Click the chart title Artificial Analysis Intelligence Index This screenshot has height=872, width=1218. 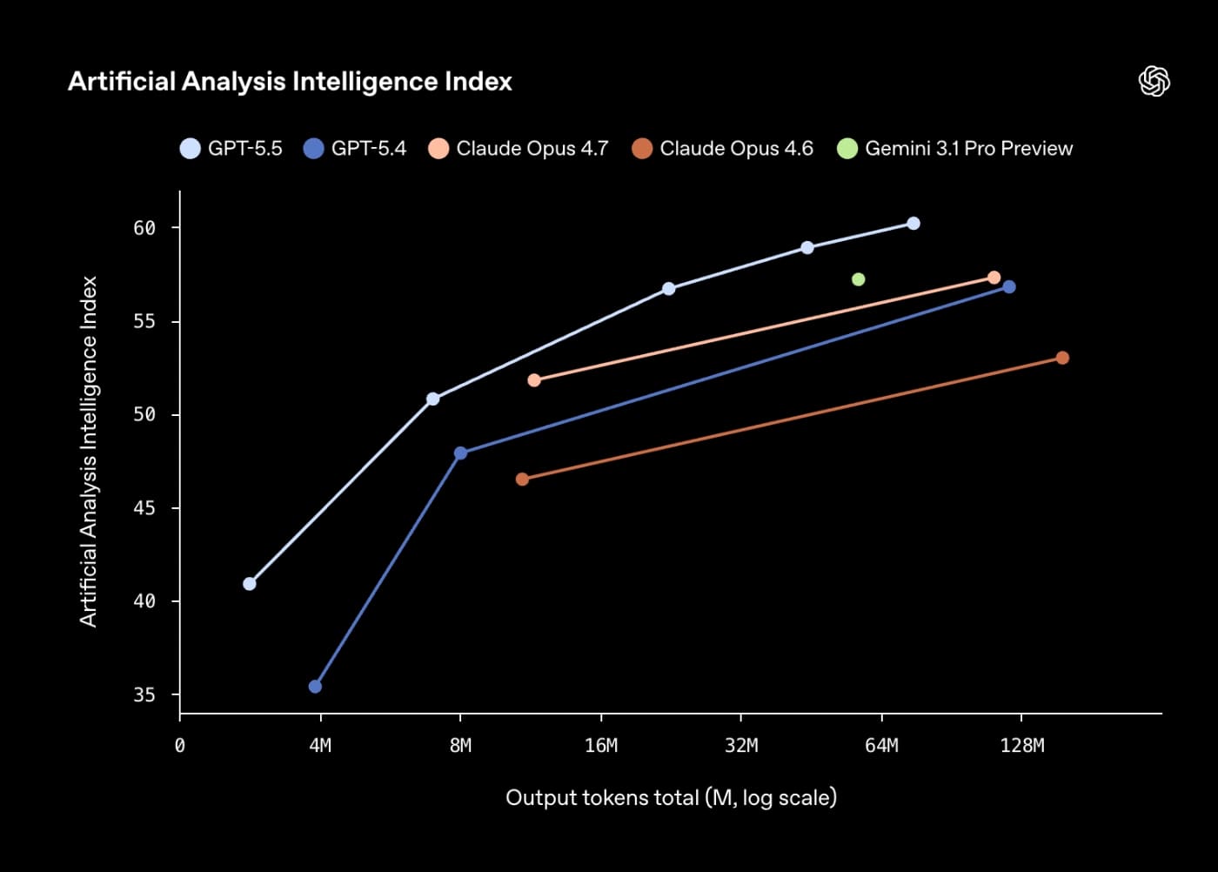[290, 82]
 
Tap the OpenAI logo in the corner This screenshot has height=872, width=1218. [1154, 81]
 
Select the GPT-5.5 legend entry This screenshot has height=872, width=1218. [231, 149]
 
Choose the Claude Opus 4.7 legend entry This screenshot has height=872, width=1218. [519, 149]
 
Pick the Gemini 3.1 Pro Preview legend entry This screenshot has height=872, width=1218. [955, 149]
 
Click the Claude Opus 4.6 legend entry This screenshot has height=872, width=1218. [723, 149]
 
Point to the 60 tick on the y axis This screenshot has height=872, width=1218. [144, 228]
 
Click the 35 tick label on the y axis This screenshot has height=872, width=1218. [144, 694]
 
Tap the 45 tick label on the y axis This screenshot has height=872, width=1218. [144, 508]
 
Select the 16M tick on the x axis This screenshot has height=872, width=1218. [601, 746]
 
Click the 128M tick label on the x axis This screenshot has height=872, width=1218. [1022, 746]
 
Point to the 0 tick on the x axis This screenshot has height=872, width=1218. [180, 746]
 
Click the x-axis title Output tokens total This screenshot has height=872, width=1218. [671, 797]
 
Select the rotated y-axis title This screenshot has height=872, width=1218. [89, 451]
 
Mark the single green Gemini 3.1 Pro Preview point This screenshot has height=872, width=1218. [859, 279]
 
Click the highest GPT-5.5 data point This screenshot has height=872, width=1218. [913, 224]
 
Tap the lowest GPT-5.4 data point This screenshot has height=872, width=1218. [315, 687]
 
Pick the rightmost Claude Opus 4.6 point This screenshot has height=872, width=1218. [1062, 358]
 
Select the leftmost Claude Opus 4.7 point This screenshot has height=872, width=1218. [534, 380]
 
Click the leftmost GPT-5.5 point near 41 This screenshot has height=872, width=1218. [250, 584]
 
